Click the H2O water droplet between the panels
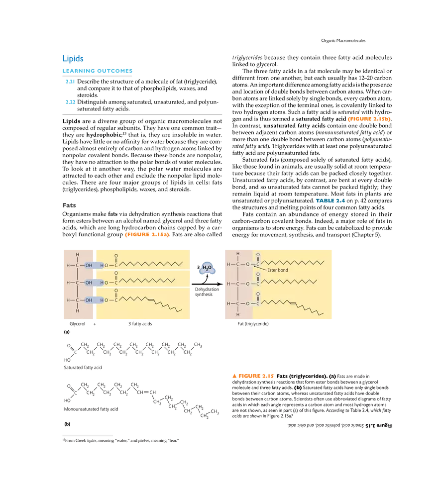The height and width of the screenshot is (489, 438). [x=207, y=268]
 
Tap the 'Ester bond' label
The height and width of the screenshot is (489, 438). [x=278, y=270]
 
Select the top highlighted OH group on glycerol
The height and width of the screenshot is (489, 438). [x=89, y=265]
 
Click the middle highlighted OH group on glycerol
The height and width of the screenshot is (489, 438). [x=89, y=283]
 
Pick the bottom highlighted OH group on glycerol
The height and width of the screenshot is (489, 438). [x=89, y=300]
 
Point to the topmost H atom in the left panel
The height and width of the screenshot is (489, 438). [x=78, y=255]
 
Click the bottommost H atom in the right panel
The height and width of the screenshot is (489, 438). [x=238, y=314]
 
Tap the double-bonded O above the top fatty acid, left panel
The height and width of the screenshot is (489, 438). [x=116, y=256]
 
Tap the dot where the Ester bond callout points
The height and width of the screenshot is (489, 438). [x=255, y=267]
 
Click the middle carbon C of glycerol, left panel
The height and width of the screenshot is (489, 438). [x=78, y=283]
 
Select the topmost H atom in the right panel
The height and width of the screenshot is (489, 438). [x=238, y=253]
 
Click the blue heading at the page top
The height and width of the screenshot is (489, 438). [x=73, y=58]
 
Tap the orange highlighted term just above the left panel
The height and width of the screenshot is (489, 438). [x=147, y=235]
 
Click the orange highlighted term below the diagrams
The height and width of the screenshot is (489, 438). [x=253, y=375]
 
